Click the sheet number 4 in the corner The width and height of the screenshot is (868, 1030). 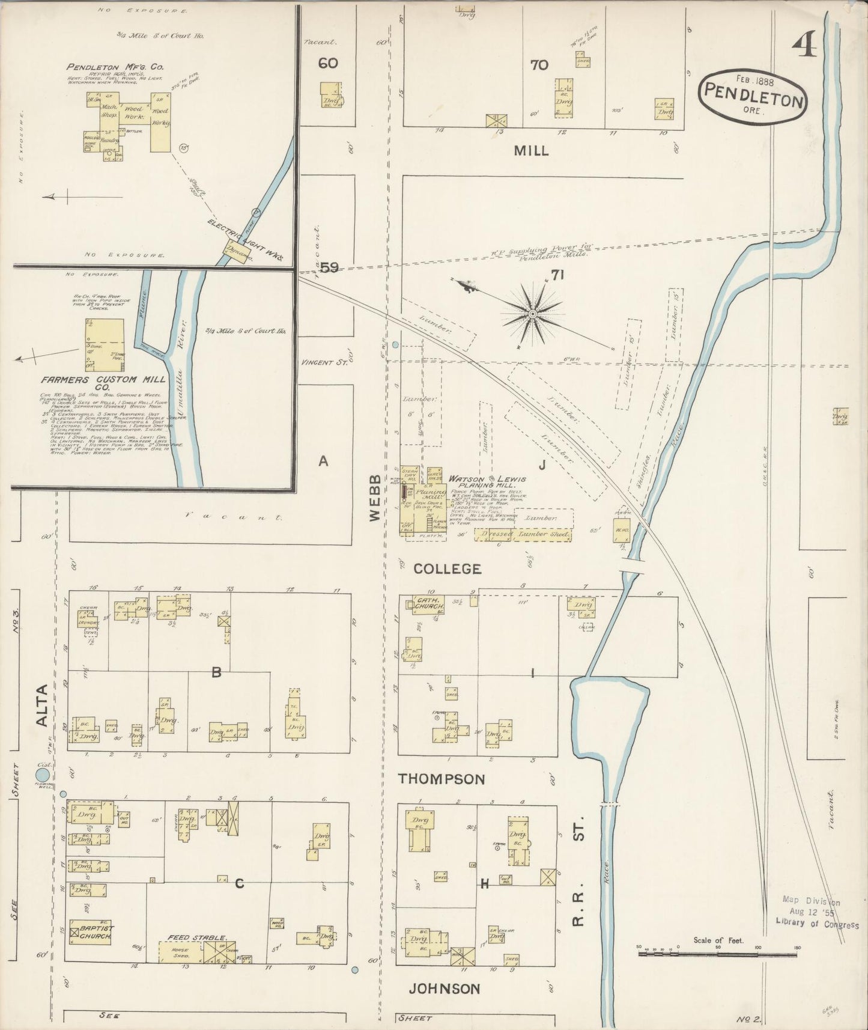(805, 46)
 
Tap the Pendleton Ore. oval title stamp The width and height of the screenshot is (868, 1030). (753, 97)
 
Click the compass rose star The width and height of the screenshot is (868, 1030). (532, 314)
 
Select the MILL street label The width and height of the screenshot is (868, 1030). (531, 151)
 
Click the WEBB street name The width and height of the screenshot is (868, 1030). (375, 498)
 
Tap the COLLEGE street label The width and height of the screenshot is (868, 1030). (448, 568)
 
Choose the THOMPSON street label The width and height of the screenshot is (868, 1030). (442, 779)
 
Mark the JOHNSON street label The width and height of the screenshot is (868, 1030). (445, 989)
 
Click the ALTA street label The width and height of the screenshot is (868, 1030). (42, 705)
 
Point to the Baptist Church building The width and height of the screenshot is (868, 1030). (90, 931)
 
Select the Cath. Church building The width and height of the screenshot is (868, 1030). (429, 605)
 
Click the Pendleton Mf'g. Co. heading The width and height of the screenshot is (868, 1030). (115, 67)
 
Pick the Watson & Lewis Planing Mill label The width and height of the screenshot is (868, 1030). (488, 482)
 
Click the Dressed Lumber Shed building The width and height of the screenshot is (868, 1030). (523, 534)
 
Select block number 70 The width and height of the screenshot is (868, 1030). (539, 65)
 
